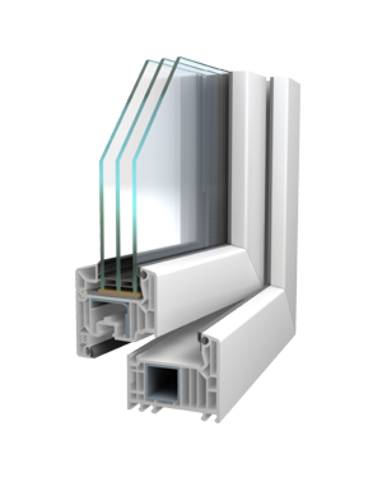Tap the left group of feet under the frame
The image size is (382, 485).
tap(145, 409)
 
